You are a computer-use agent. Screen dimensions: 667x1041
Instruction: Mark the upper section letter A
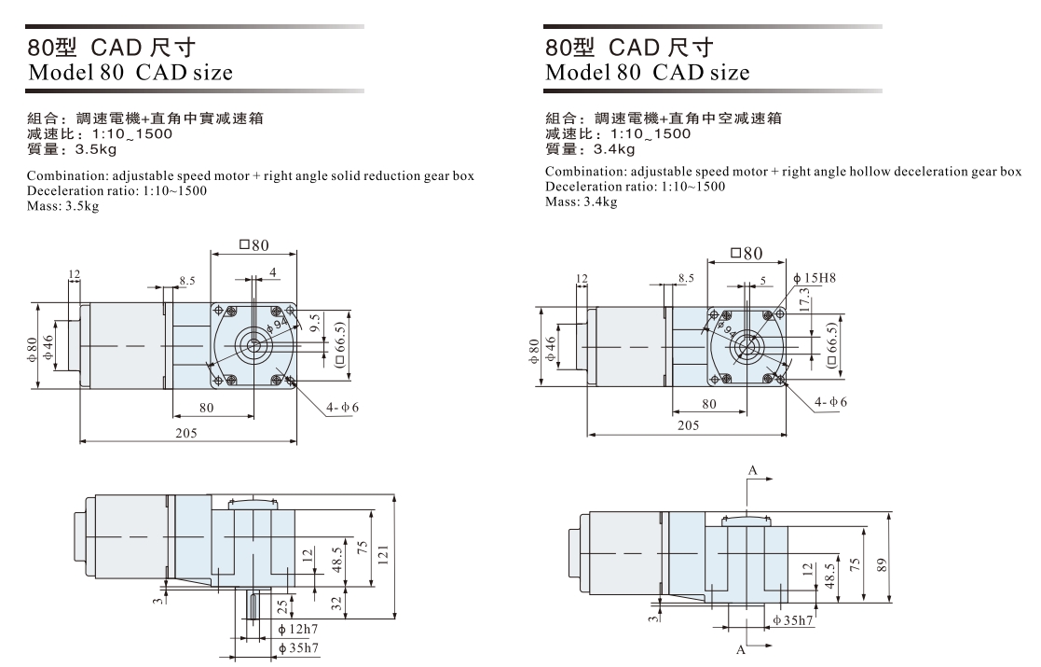(x=749, y=469)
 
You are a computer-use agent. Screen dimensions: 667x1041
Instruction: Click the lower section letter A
(x=744, y=651)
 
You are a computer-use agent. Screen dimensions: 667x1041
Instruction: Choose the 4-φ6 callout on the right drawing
(x=831, y=401)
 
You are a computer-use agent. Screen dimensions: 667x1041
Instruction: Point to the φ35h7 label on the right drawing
(x=794, y=618)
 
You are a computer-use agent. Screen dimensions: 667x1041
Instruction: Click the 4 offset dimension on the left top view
(x=273, y=272)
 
